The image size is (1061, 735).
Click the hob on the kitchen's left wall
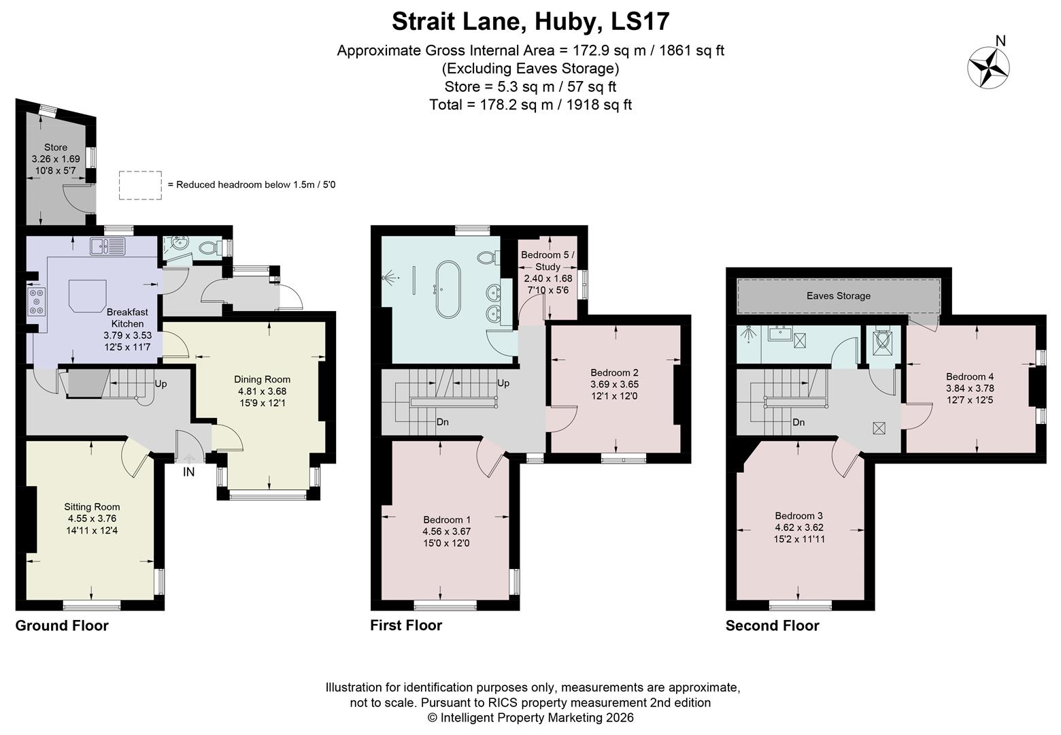pyautogui.click(x=36, y=302)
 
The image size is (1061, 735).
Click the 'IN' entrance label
pyautogui.click(x=188, y=472)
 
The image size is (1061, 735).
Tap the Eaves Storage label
pyautogui.click(x=838, y=296)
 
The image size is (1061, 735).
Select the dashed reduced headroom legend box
pyautogui.click(x=140, y=185)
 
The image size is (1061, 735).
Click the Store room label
pyautogui.click(x=56, y=147)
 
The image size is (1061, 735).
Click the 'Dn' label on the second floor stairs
pyautogui.click(x=798, y=422)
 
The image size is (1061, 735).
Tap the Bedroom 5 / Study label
pyautogui.click(x=548, y=261)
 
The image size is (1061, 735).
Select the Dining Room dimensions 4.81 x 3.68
pyautogui.click(x=262, y=391)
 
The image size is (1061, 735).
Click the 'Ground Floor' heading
pyautogui.click(x=62, y=625)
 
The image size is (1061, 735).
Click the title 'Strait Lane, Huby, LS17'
pyautogui.click(x=530, y=21)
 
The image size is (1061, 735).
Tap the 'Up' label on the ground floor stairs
pyautogui.click(x=161, y=384)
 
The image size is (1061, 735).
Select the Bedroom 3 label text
pyautogui.click(x=799, y=515)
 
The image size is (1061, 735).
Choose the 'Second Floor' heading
pyautogui.click(x=772, y=625)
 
